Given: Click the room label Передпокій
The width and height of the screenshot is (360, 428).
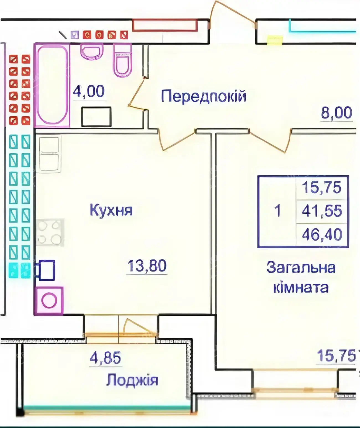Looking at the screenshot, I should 204,97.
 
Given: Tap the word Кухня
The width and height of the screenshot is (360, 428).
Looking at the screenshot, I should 111,210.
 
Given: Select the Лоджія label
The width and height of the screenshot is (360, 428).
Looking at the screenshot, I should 132,380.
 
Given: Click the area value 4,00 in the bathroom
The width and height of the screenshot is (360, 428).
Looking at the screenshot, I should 89,91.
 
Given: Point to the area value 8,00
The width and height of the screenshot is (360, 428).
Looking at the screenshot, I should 336,113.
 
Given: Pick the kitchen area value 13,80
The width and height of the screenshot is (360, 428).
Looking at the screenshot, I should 147,266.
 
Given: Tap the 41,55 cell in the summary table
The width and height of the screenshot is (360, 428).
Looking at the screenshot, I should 322,211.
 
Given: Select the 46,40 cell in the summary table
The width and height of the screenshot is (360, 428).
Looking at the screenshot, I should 322,235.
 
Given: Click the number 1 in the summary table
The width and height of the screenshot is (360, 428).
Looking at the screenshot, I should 277,211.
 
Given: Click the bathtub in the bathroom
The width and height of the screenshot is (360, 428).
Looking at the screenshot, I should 52,85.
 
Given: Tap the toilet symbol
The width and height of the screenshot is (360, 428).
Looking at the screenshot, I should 122,61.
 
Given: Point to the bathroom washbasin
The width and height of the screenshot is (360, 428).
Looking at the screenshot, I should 92,51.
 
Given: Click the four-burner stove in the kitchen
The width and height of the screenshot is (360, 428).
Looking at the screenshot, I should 50,232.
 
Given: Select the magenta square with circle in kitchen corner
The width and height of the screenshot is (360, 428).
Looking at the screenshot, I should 49,301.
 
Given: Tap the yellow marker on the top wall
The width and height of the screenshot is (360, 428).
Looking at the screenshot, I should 275,40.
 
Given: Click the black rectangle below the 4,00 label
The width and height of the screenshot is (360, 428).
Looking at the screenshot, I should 96,117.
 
